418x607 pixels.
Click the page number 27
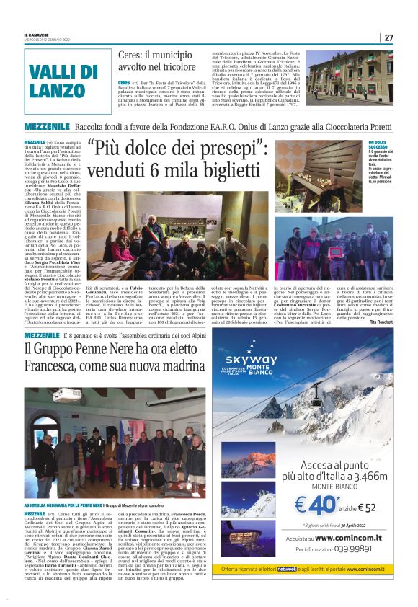[x=388, y=38]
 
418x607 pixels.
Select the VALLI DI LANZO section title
[x=58, y=81]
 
